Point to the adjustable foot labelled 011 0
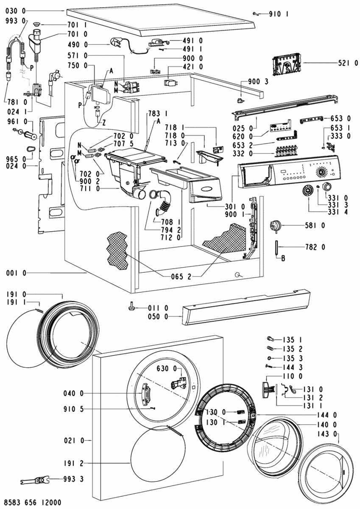(x=131, y=305)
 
